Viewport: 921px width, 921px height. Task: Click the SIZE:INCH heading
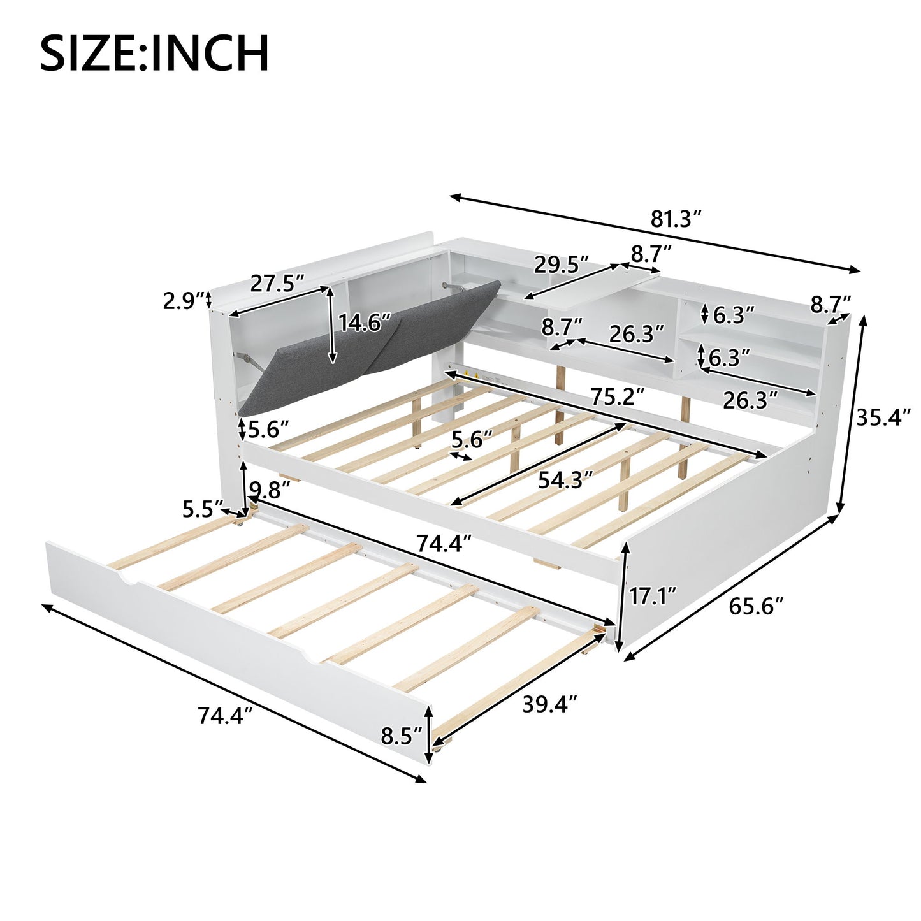point(154,54)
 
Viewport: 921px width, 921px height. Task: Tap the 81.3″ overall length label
point(676,219)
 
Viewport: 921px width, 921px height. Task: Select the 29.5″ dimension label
point(561,265)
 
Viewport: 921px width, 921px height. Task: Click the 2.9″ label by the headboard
point(183,301)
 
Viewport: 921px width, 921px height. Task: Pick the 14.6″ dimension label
point(365,323)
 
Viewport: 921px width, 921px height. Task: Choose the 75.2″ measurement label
point(616,396)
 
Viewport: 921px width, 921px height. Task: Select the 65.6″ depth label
point(755,606)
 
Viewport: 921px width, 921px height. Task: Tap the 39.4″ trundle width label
point(549,704)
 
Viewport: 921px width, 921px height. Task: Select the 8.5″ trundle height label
point(402,736)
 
